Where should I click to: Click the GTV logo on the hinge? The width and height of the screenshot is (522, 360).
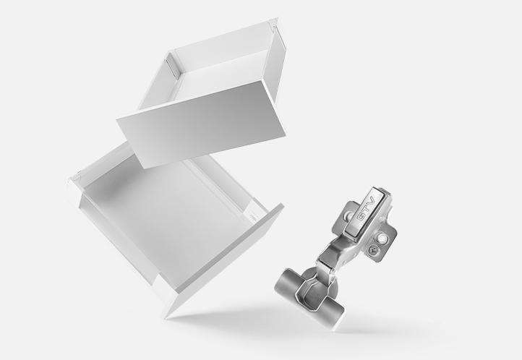[366, 210]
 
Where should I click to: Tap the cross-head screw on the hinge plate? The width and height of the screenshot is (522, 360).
[374, 249]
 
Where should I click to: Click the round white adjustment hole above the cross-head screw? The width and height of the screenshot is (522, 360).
[383, 239]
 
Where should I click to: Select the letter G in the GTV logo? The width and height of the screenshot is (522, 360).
[361, 216]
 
